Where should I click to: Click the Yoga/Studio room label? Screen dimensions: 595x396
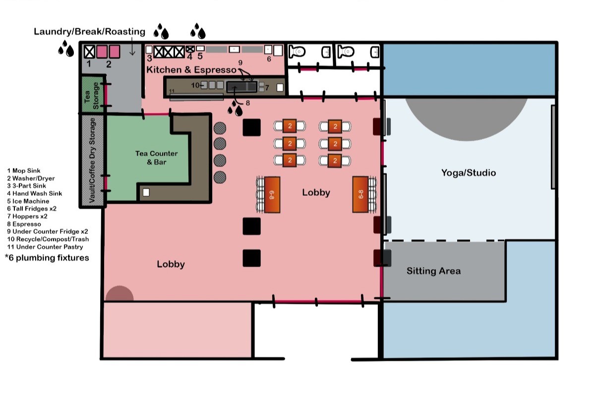point(468,173)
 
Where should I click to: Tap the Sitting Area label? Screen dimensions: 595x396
point(433,271)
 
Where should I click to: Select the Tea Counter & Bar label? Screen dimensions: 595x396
point(157,158)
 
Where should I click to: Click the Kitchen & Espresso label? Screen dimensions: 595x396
point(191,70)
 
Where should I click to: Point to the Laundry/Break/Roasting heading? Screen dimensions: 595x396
point(90,32)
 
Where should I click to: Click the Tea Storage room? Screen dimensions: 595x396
point(92,95)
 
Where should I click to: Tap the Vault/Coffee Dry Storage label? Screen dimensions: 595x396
point(92,161)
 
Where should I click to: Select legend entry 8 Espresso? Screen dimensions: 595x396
point(24,224)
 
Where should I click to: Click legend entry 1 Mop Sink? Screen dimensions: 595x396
point(24,171)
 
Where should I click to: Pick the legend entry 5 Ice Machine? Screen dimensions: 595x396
point(28,201)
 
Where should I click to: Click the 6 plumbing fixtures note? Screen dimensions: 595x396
point(47,258)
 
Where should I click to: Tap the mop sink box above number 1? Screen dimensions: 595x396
point(90,52)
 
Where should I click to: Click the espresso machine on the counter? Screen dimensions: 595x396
point(242,87)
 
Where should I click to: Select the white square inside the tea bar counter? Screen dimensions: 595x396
point(146,192)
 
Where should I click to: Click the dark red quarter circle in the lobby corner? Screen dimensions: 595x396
point(119,293)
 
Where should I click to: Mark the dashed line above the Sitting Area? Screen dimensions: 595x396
point(444,241)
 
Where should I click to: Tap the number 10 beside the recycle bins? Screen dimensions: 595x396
point(195,85)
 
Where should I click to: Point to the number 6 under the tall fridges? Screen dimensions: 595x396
point(269,59)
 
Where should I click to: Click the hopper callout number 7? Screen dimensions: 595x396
point(267,87)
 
